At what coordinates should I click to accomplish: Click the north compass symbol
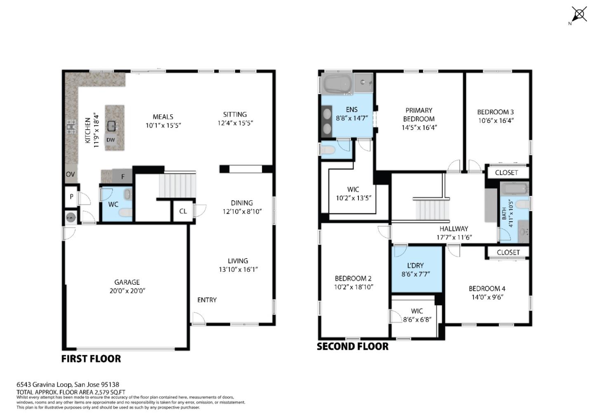pyautogui.click(x=579, y=15)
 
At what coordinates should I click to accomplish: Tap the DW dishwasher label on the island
pyautogui.click(x=111, y=140)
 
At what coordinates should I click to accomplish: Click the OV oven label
pyautogui.click(x=71, y=175)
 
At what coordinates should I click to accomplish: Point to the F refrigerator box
pyautogui.click(x=123, y=177)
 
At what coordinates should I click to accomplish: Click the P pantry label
pyautogui.click(x=71, y=197)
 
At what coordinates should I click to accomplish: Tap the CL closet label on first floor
pyautogui.click(x=183, y=211)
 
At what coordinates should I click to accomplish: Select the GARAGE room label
pyautogui.click(x=127, y=282)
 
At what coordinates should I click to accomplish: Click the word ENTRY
pyautogui.click(x=207, y=300)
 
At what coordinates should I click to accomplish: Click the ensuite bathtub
pyautogui.click(x=337, y=84)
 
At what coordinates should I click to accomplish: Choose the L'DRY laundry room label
pyautogui.click(x=415, y=266)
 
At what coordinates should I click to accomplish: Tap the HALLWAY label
pyautogui.click(x=453, y=229)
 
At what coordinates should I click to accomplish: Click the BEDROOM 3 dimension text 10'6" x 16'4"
pyautogui.click(x=495, y=121)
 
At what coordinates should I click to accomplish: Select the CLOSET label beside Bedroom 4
pyautogui.click(x=508, y=252)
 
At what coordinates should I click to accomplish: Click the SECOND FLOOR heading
pyautogui.click(x=352, y=347)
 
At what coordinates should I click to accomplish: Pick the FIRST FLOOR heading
pyautogui.click(x=91, y=359)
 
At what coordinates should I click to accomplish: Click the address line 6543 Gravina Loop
pyautogui.click(x=68, y=385)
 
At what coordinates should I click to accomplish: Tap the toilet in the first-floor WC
pyautogui.click(x=125, y=212)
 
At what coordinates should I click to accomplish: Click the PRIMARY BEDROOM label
pyautogui.click(x=419, y=114)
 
